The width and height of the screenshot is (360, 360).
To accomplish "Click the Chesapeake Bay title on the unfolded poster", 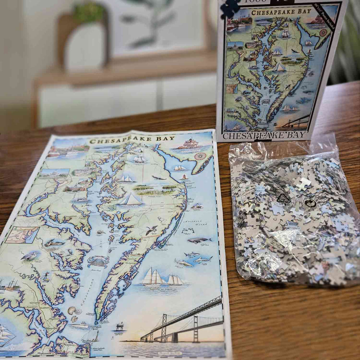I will [x=132, y=140].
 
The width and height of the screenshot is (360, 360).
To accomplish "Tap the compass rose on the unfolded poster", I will [x=200, y=156].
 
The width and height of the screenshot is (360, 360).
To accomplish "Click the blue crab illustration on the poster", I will [x=98, y=261].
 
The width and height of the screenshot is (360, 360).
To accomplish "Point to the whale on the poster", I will [x=199, y=240].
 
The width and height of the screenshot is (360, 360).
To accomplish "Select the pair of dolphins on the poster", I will [x=188, y=230].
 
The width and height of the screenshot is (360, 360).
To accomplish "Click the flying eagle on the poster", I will [x=159, y=177].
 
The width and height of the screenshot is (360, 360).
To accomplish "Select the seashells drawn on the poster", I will [x=74, y=312].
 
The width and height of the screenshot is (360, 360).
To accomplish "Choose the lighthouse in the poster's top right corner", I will [x=189, y=143].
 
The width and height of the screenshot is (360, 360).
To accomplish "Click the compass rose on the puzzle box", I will [x=323, y=32].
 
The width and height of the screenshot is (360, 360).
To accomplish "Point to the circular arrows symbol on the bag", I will [x=310, y=203].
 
